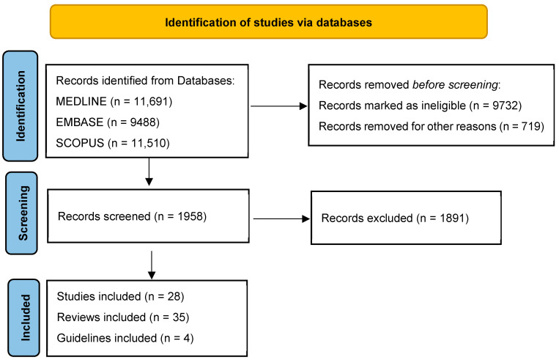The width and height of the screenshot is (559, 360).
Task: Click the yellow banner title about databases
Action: [268, 23]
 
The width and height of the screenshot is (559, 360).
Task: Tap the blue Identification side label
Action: [21, 106]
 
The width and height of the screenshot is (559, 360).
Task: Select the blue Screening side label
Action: [22, 213]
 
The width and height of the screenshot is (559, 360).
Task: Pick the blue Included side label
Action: [24, 317]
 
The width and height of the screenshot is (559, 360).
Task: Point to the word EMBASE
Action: [80, 122]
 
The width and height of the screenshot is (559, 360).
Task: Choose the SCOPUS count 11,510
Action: [150, 143]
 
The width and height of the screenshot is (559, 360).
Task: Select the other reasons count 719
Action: [533, 126]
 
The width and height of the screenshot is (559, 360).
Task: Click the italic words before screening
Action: [455, 85]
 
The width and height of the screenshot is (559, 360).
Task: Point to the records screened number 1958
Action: [192, 216]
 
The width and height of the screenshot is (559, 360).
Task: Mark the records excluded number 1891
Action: [454, 218]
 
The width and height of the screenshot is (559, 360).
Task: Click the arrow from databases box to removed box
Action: [279, 106]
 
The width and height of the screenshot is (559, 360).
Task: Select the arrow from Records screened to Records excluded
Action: [281, 218]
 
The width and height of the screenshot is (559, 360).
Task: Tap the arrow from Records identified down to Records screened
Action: [149, 172]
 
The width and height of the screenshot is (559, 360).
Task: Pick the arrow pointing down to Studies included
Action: [152, 265]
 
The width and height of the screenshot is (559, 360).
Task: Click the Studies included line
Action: [120, 296]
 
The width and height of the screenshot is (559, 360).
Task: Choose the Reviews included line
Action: [123, 317]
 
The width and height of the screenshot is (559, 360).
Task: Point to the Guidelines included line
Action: [125, 338]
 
